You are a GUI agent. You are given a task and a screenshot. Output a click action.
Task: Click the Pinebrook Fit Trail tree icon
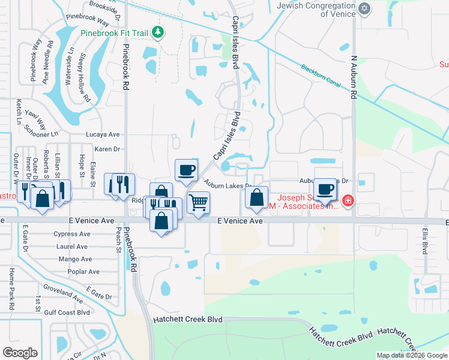tap(157, 31)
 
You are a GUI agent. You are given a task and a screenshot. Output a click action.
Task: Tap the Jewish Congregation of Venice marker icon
tap(364, 8)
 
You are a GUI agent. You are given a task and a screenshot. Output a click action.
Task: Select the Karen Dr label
tap(107, 148)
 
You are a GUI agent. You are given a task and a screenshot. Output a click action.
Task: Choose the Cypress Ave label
tap(72, 234)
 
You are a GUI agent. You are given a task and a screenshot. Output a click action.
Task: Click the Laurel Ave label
tap(72, 246)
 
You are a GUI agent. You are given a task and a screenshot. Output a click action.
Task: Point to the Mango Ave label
tap(75, 259)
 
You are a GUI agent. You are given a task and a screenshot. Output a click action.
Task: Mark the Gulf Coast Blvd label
tap(66, 312)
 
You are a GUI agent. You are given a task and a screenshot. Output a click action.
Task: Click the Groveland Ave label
tap(63, 296)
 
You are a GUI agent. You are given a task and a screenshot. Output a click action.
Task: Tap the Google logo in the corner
tap(20, 353)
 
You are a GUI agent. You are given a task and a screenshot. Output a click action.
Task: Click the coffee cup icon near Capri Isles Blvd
tap(185, 169)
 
